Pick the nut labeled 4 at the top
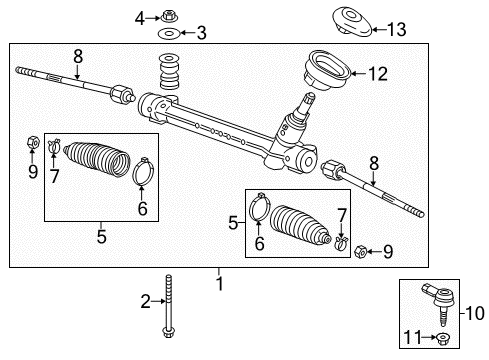coord(167,15)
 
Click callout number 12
coord(377,73)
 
